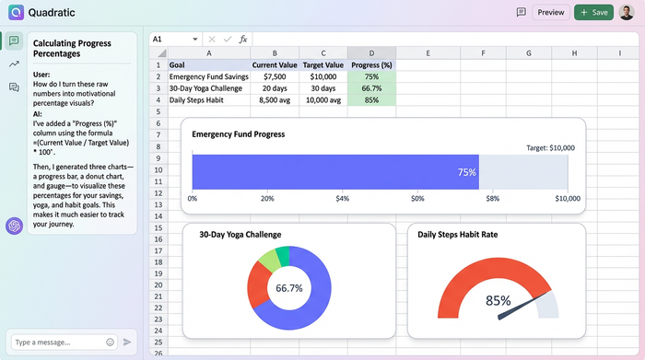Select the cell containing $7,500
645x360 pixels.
[274, 76]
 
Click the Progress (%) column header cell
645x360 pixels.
[371, 65]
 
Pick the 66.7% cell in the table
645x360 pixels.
[371, 88]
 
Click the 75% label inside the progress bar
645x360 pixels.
[466, 172]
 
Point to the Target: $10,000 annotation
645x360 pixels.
[550, 147]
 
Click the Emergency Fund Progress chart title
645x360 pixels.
[237, 134]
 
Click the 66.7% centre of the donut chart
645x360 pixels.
[288, 288]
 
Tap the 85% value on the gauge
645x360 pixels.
[498, 300]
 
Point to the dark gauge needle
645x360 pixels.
[517, 307]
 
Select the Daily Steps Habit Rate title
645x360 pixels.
[457, 235]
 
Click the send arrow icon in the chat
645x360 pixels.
[127, 342]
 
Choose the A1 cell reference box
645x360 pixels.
[170, 40]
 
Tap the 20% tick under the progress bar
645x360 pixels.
[267, 198]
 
